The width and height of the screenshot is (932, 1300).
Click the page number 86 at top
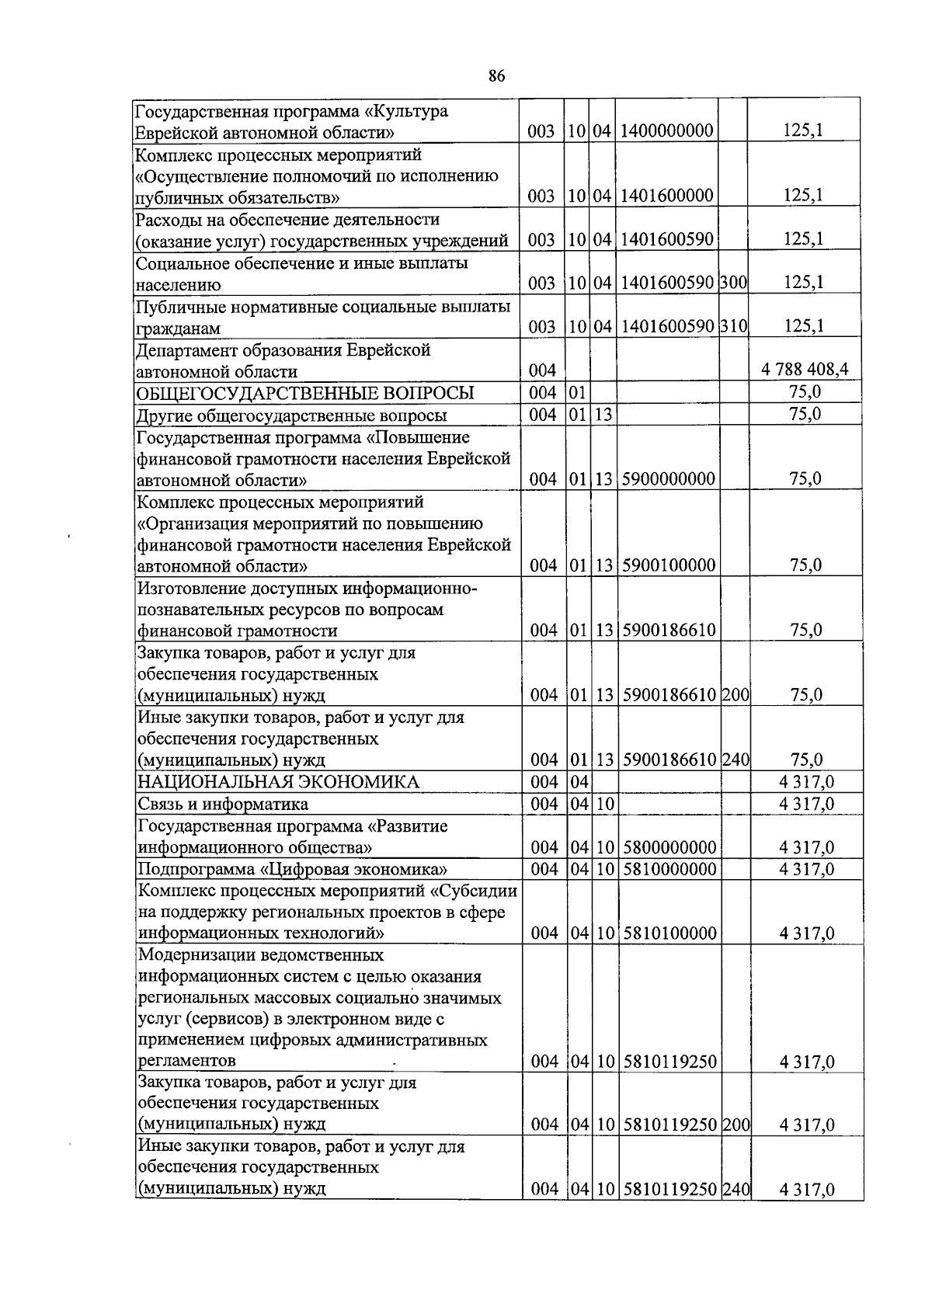click(x=497, y=75)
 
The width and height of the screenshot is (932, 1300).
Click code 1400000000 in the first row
click(x=667, y=131)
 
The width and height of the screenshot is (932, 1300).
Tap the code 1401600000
click(x=667, y=196)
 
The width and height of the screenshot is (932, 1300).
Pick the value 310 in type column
click(x=733, y=326)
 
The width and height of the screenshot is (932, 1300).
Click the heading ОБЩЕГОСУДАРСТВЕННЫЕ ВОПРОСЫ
click(x=305, y=392)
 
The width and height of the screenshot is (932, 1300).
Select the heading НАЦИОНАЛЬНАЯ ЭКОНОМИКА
click(x=278, y=782)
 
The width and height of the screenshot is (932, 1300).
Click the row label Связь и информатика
click(x=223, y=804)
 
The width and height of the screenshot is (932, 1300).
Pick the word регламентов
click(x=187, y=1061)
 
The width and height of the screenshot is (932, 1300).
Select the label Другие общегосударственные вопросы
click(x=291, y=415)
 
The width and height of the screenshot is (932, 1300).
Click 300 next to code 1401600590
click(x=733, y=283)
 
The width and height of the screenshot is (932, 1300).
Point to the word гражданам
click(x=179, y=328)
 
